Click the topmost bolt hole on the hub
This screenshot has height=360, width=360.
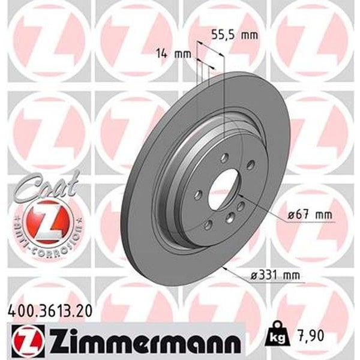click(223, 158)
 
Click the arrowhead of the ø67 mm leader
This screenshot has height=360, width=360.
click(240, 196)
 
